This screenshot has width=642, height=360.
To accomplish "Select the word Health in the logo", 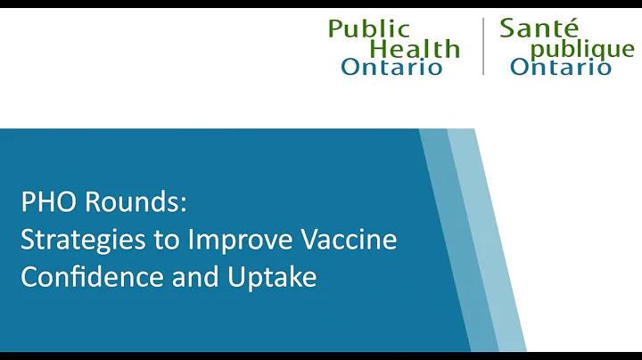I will pyautogui.click(x=415, y=48).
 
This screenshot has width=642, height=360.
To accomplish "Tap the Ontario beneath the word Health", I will pyautogui.click(x=391, y=68).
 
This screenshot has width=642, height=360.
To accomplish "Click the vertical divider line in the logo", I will pyautogui.click(x=482, y=47).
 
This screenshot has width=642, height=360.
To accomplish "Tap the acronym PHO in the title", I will pyautogui.click(x=46, y=203).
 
